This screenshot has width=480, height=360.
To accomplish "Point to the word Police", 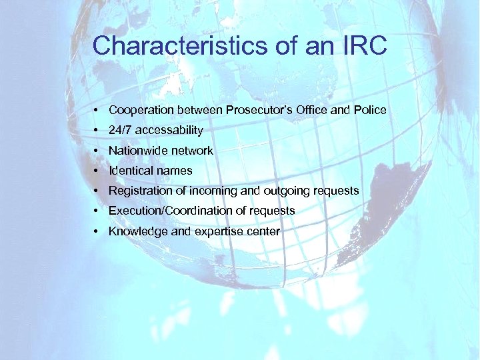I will click(370, 110).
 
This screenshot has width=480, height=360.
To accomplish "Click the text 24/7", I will click(121, 130).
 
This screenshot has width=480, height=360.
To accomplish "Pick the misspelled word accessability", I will click(169, 130).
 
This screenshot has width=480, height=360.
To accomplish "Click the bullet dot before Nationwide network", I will click(97, 151).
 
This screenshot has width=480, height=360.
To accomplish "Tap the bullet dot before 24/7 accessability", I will click(97, 130).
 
